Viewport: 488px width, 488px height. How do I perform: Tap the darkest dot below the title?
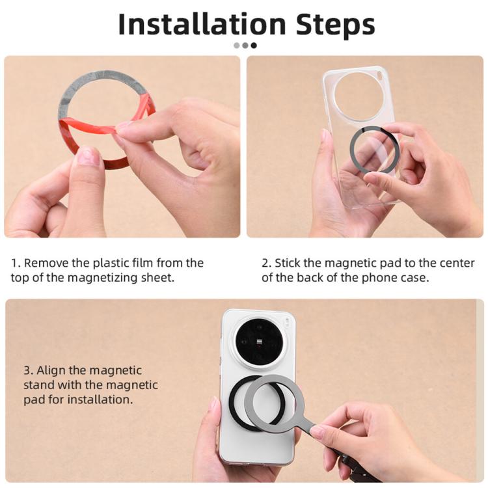pyautogui.click(x=254, y=46)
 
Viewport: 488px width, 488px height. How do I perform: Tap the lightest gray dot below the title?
pyautogui.click(x=236, y=46)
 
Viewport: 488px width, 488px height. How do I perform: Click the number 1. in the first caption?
pyautogui.click(x=15, y=264)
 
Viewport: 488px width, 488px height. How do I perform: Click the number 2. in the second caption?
pyautogui.click(x=266, y=264)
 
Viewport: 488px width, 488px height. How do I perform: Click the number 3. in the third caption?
pyautogui.click(x=28, y=370)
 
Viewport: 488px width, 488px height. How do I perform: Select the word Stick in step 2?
pyautogui.click(x=288, y=264)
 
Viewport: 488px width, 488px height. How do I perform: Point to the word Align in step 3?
pyautogui.click(x=51, y=370)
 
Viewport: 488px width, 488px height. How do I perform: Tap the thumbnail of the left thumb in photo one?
pyautogui.click(x=87, y=157)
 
